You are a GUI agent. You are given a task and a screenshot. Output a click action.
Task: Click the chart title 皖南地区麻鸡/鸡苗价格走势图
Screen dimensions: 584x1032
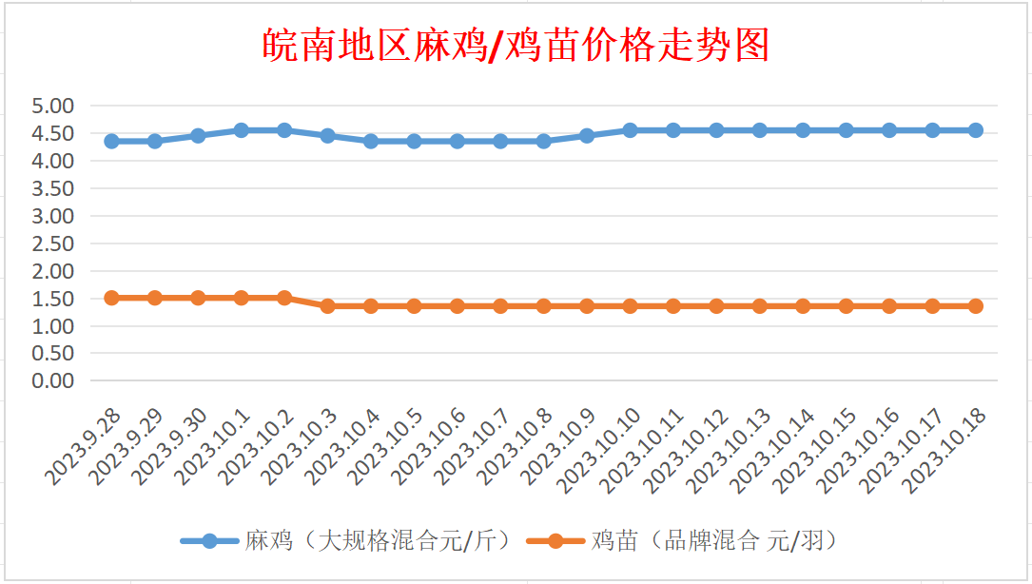pyautogui.click(x=515, y=45)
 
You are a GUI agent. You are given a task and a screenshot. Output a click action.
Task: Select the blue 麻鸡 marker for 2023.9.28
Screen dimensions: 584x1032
pyautogui.click(x=111, y=141)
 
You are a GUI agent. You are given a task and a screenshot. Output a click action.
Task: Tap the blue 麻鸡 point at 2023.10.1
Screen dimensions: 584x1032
pyautogui.click(x=242, y=130)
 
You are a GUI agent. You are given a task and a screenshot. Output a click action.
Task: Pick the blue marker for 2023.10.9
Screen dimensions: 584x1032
pyautogui.click(x=587, y=136)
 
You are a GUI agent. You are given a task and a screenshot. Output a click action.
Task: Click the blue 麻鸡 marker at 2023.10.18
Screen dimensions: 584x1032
pyautogui.click(x=976, y=130)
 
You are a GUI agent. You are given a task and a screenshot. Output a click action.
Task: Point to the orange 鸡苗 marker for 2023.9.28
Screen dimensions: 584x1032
pyautogui.click(x=111, y=298)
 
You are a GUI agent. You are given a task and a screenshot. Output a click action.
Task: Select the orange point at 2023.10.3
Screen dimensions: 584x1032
pyautogui.click(x=327, y=306)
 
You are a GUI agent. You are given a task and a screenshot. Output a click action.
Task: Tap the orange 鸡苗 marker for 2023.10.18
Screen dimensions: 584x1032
pyautogui.click(x=976, y=306)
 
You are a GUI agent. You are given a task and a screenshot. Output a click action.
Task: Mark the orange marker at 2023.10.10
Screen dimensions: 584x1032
pyautogui.click(x=630, y=306)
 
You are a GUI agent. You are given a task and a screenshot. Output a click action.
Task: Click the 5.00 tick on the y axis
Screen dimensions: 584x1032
pyautogui.click(x=53, y=106)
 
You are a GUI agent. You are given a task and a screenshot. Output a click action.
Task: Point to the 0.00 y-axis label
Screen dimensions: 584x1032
pyautogui.click(x=53, y=380)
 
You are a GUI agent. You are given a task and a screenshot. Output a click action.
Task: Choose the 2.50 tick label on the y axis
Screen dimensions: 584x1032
pyautogui.click(x=53, y=243)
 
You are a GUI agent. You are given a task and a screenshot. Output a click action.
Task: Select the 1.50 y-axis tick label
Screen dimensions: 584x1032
pyautogui.click(x=53, y=299)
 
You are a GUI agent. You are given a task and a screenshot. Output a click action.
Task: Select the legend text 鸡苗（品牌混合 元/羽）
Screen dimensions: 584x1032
pyautogui.click(x=714, y=541)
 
